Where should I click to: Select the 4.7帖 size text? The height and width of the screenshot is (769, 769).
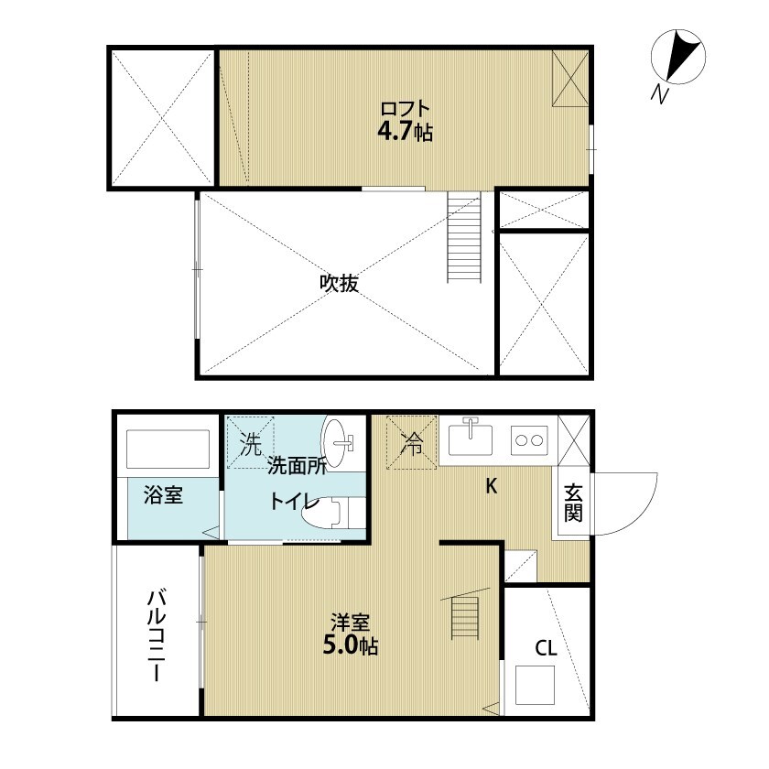[x=405, y=131]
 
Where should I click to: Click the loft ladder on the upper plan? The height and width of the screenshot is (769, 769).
[x=463, y=237]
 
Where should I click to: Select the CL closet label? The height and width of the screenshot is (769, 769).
[x=546, y=649]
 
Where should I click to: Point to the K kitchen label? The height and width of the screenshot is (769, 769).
[x=491, y=486]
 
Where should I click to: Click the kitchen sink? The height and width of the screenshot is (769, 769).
[x=471, y=439]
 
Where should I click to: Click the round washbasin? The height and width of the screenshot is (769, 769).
[x=342, y=441]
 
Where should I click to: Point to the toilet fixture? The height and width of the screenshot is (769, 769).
[x=330, y=513]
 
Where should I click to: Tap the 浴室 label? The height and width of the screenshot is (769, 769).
[x=164, y=496]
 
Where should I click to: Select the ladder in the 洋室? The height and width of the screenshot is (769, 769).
[x=465, y=617]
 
